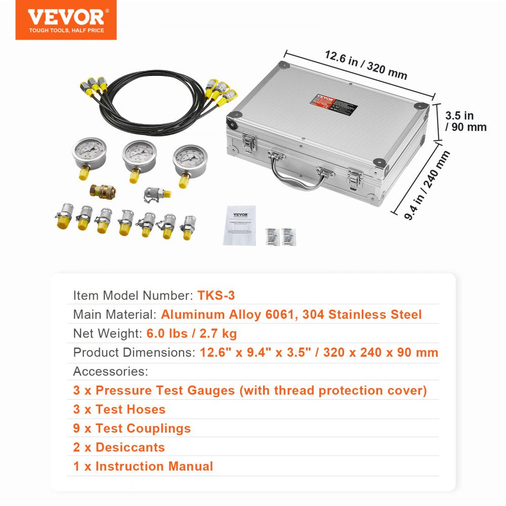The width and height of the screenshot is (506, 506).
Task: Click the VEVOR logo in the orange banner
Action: tap(66, 18)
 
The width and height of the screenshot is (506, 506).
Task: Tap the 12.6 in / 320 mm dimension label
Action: tap(366, 65)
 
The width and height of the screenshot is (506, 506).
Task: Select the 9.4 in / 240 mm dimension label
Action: tap(428, 185)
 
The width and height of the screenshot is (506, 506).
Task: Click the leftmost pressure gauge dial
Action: tap(89, 153)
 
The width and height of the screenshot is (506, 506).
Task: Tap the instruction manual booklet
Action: tap(239, 225)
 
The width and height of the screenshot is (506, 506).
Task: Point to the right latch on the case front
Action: tap(356, 178)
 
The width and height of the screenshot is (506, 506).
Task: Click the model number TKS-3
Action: tap(216, 296)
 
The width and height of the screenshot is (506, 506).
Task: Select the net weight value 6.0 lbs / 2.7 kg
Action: tap(192, 333)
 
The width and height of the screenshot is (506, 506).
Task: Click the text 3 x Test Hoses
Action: tap(119, 409)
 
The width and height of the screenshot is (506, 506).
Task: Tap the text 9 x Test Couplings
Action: tap(132, 428)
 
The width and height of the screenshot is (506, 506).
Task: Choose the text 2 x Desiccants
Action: tap(119, 447)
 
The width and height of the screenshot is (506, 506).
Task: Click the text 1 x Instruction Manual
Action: tap(143, 466)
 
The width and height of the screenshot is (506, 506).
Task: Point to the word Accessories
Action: tap(110, 371)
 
